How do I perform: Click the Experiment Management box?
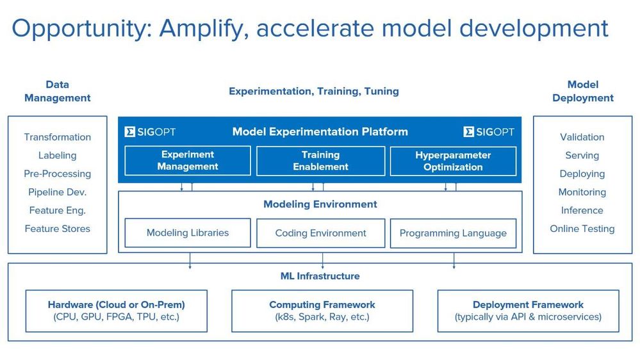188,160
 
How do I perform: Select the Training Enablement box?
320,161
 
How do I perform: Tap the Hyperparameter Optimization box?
453,161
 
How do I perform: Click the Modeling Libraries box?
188,233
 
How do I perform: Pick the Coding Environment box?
320,233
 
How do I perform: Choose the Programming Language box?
453,233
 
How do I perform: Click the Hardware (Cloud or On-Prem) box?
117,311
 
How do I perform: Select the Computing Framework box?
322,311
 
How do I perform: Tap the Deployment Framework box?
528,311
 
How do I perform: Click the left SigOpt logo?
150,132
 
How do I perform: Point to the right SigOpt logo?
489,132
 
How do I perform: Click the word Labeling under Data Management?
58,156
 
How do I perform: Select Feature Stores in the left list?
58,229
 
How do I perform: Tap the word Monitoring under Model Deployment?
582,192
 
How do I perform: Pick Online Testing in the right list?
582,229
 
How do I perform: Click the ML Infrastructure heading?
320,276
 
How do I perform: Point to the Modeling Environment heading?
320,204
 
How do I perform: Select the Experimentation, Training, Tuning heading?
314,91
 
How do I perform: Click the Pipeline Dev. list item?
58,192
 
